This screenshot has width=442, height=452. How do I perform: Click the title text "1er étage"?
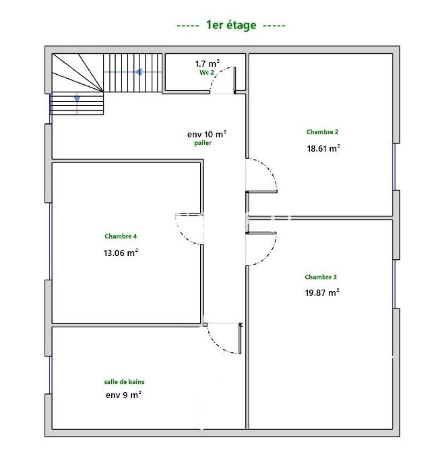(x=231, y=25)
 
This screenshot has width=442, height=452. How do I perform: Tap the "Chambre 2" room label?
(x=322, y=132)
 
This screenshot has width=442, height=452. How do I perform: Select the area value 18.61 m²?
(x=323, y=148)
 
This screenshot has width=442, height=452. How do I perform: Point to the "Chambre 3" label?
(x=321, y=277)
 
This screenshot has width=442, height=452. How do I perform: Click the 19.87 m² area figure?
(x=322, y=292)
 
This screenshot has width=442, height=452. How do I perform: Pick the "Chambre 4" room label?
(x=121, y=236)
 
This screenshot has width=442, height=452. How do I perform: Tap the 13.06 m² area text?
(x=121, y=253)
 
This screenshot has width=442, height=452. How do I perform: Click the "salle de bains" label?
(x=124, y=381)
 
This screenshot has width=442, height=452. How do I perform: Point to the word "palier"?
(x=202, y=144)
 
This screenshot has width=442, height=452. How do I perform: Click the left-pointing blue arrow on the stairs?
(x=138, y=72)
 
